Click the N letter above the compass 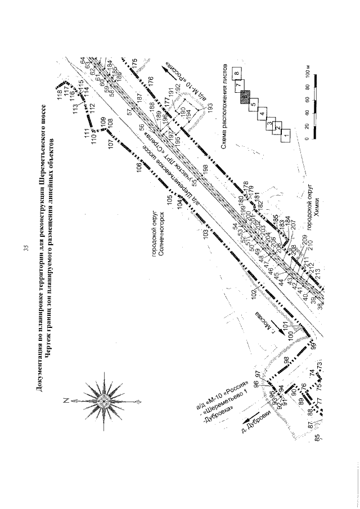click(x=66, y=400)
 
